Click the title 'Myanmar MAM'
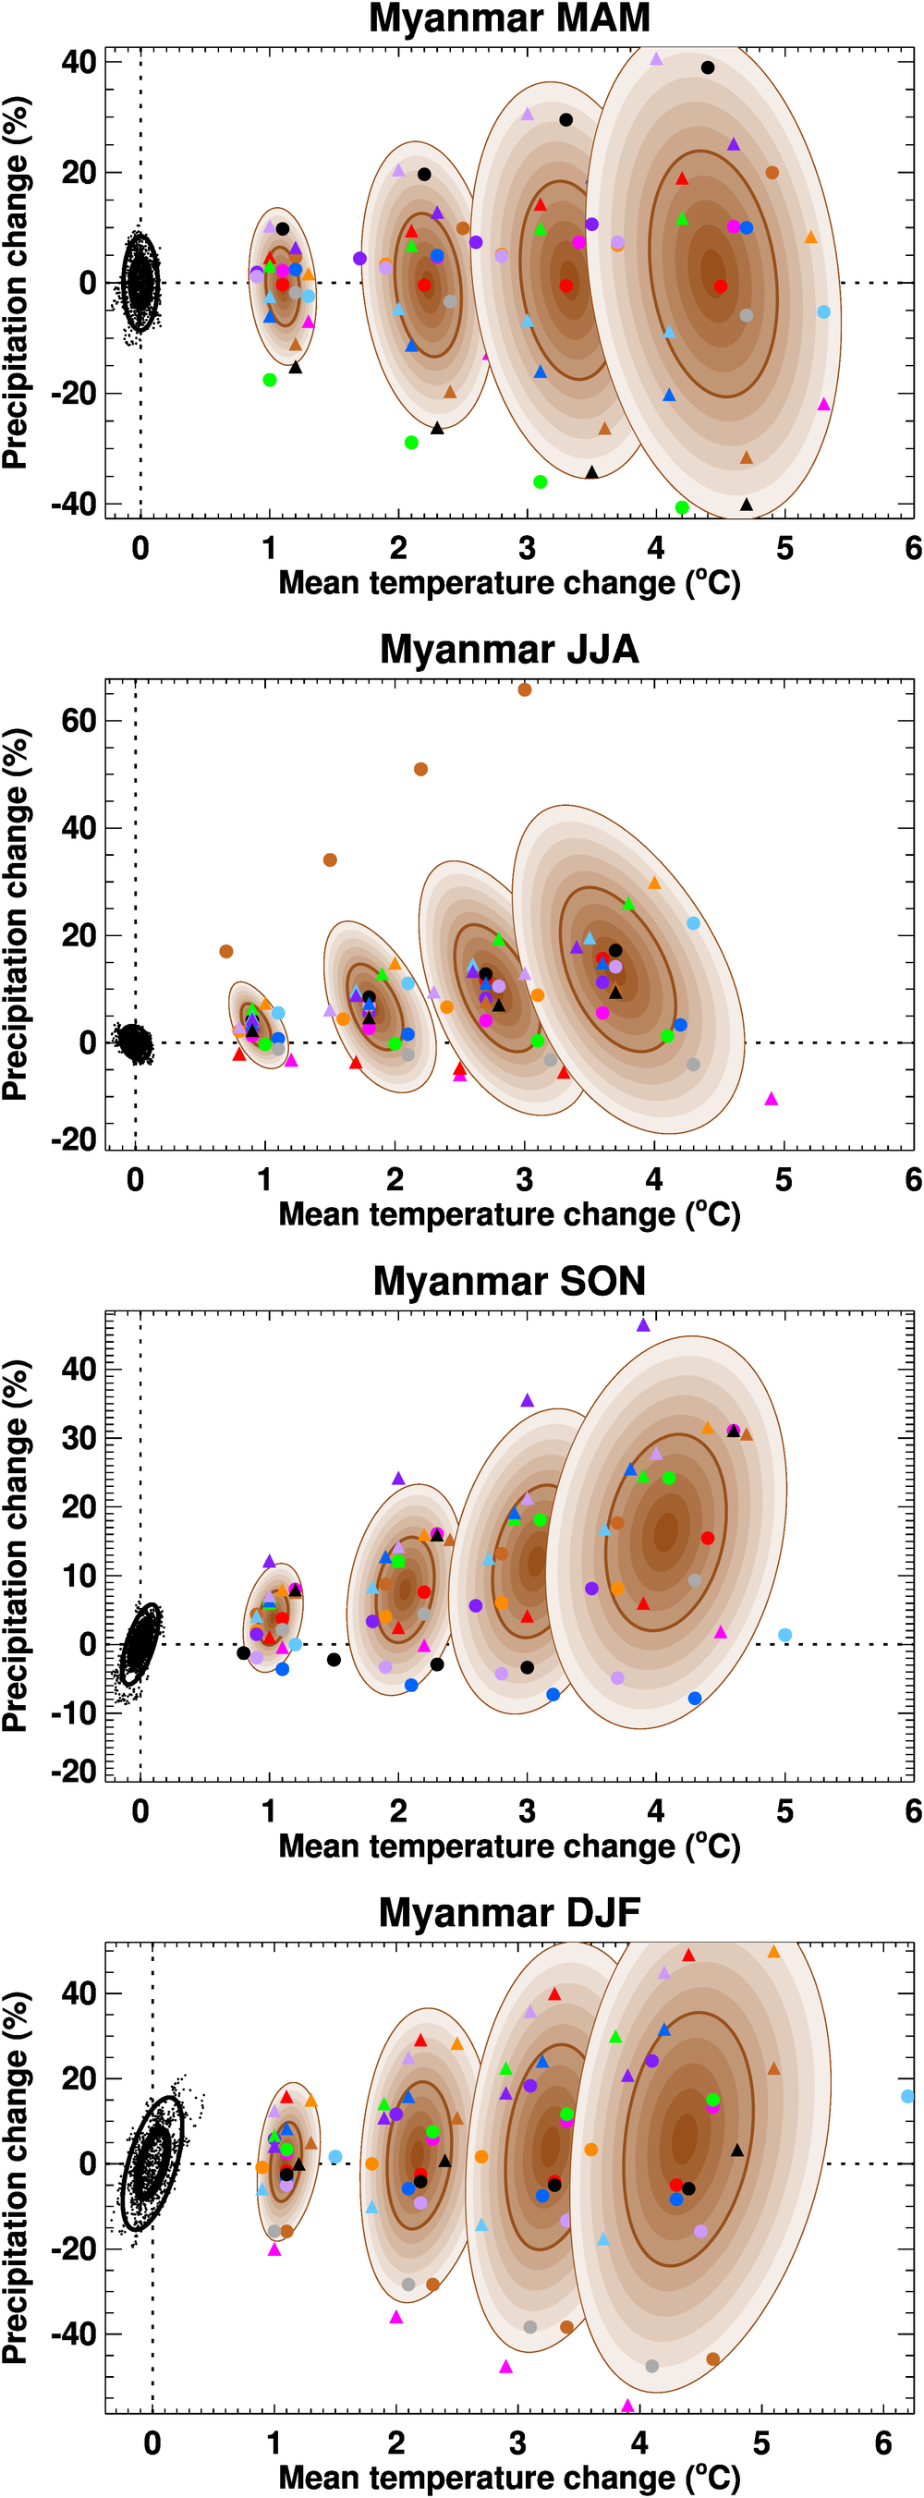509,18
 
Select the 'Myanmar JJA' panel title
509,649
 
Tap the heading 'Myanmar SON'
509,1281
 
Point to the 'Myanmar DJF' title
509,1913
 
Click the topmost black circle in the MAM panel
708,67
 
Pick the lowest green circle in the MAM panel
682,507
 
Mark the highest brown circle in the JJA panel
525,689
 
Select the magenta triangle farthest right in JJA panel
771,1099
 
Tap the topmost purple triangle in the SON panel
643,1324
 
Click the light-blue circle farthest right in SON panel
784,1635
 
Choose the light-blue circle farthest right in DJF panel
907,2096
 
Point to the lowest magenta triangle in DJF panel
627,2405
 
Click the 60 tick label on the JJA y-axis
79,721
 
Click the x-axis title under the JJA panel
509,1214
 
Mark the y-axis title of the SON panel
16,1546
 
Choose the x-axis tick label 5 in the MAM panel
784,548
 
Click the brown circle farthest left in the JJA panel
225,951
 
